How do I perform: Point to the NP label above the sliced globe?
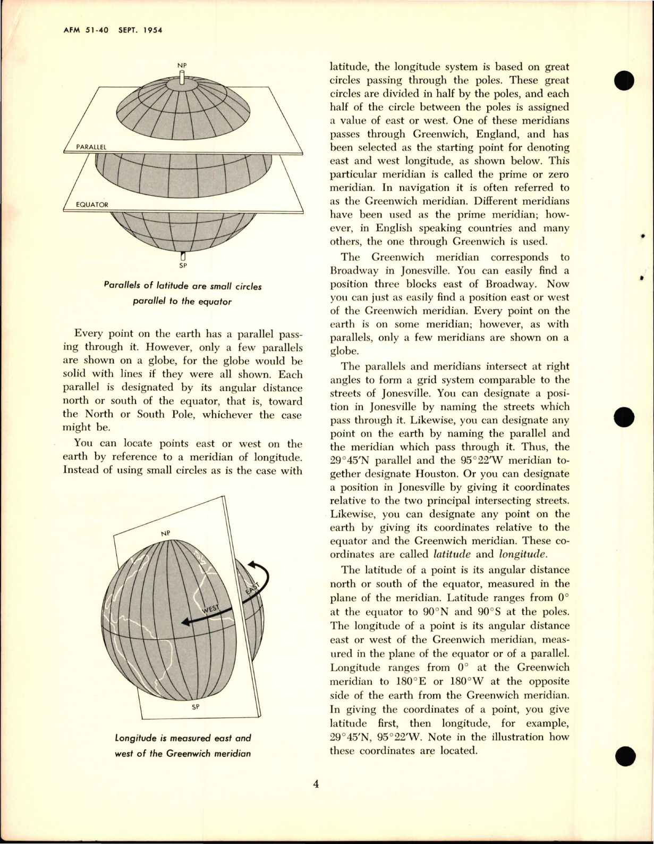pos(182,65)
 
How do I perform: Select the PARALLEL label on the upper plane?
pos(91,146)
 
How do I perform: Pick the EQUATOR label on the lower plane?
pos(92,204)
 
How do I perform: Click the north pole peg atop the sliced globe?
pos(182,78)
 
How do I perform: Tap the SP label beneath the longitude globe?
pos(196,707)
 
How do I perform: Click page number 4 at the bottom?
pos(316,784)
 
